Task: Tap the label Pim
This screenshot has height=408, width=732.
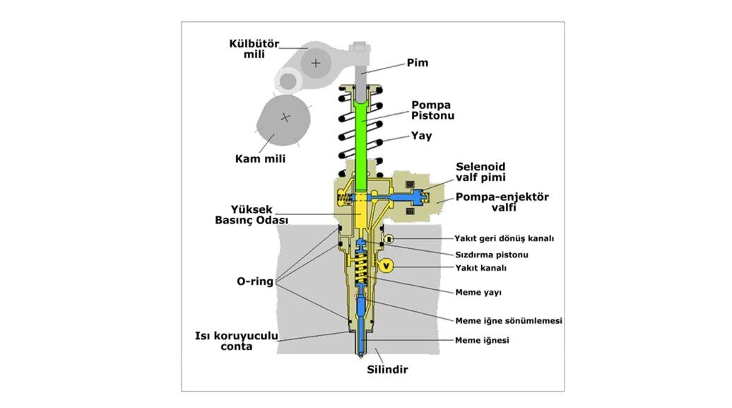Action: pyautogui.click(x=418, y=63)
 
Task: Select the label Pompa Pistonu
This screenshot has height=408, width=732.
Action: pyautogui.click(x=432, y=110)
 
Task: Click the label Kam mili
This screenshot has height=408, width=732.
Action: pyautogui.click(x=260, y=158)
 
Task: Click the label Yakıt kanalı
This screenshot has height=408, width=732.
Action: pyautogui.click(x=480, y=268)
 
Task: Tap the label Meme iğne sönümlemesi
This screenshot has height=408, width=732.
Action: pyautogui.click(x=508, y=320)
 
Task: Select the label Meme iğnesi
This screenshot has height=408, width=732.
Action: pyautogui.click(x=482, y=340)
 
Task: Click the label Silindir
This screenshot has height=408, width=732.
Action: pyautogui.click(x=386, y=369)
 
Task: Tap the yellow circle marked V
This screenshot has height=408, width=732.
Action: pyautogui.click(x=385, y=265)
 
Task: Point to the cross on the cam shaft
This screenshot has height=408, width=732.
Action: pyautogui.click(x=285, y=117)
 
